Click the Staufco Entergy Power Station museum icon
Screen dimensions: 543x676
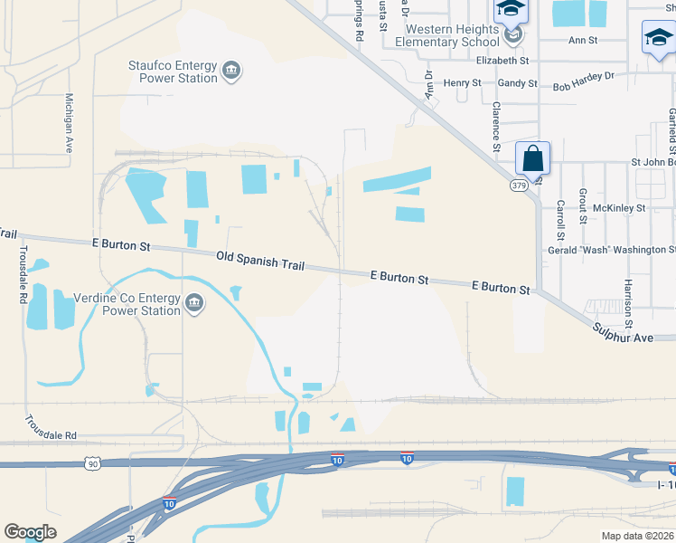coord(230,71)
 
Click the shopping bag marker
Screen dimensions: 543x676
coord(533,157)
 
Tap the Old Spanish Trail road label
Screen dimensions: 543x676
coord(260,262)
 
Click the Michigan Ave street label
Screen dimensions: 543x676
coord(69,122)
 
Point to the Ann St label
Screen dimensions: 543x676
coord(583,41)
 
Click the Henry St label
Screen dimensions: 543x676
coord(463,83)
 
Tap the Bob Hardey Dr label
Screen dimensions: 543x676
coord(583,81)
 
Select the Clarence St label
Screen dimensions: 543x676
coord(496,126)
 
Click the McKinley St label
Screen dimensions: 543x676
coord(625,208)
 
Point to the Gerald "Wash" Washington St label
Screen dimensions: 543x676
coord(611,250)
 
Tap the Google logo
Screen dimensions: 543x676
coord(31,532)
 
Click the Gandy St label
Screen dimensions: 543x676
coord(518,83)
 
